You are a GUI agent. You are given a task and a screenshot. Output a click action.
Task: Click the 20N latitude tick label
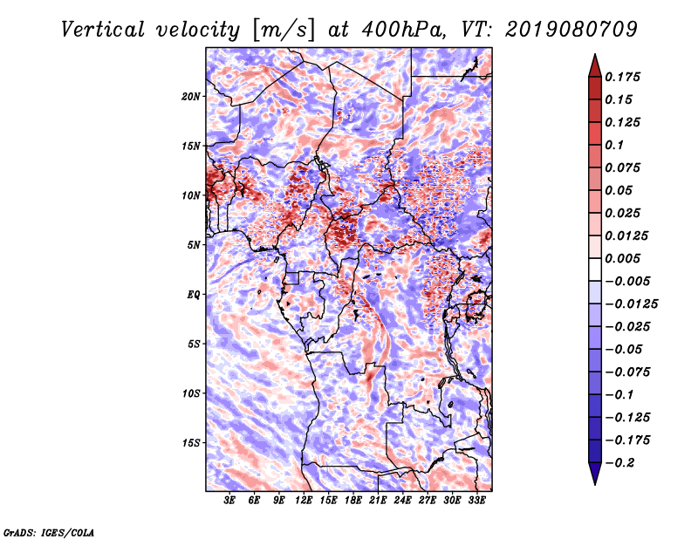191,96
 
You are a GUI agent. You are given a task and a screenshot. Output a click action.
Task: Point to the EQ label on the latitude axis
194,294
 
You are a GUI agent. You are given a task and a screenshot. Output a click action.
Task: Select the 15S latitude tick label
191,442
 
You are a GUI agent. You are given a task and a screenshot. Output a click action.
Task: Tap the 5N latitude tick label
194,244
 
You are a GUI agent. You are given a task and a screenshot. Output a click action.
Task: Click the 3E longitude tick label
230,501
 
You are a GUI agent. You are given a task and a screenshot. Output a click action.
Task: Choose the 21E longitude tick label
379,501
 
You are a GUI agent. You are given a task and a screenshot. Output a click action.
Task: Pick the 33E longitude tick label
477,501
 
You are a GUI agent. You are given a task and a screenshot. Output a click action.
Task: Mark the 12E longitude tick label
305,501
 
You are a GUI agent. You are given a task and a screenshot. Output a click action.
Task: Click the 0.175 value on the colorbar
624,77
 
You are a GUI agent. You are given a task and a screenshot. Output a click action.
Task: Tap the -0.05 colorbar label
624,349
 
